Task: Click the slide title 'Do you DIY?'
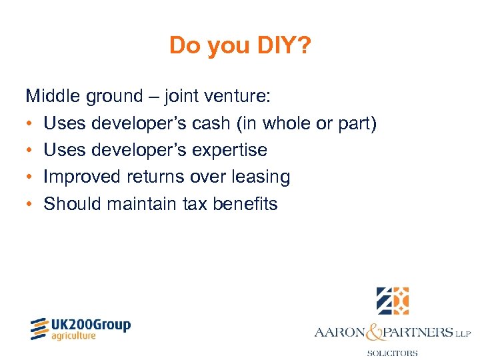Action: coord(240,45)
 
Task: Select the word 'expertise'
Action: coord(229,150)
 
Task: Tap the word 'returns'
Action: coord(155,177)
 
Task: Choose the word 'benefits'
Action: coord(245,203)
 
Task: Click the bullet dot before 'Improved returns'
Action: coord(30,177)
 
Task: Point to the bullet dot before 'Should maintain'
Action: coord(30,203)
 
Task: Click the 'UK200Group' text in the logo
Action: coord(91,325)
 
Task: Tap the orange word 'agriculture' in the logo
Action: coord(74,336)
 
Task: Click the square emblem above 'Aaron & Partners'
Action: coord(392,301)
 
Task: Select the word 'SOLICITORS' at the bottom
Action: coord(392,353)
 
